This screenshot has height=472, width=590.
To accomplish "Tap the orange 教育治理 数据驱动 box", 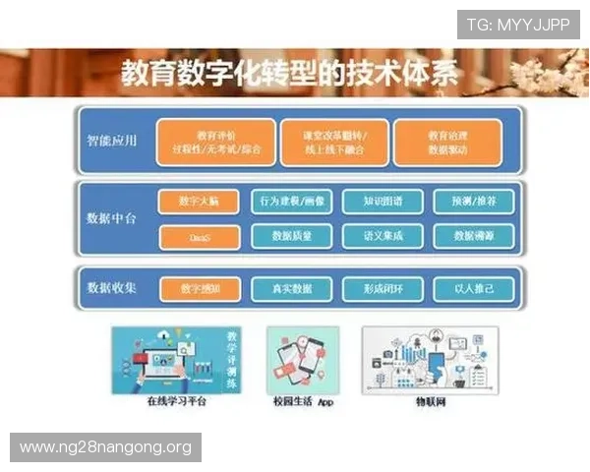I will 447,142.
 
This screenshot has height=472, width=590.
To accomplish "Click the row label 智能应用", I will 111,141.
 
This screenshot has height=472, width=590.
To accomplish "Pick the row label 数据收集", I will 111,288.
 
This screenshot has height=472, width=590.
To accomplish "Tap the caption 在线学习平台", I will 175,402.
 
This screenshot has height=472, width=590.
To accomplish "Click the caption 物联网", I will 429,402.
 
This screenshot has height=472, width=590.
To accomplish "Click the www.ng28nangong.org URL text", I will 105,447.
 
